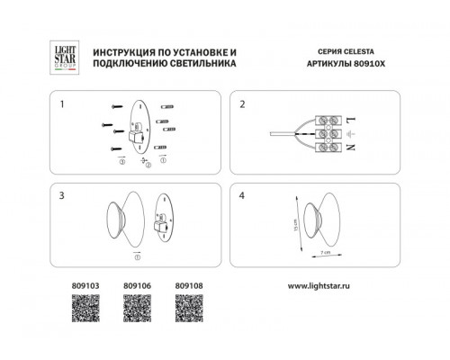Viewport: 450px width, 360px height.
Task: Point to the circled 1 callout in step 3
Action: point(137,257)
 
